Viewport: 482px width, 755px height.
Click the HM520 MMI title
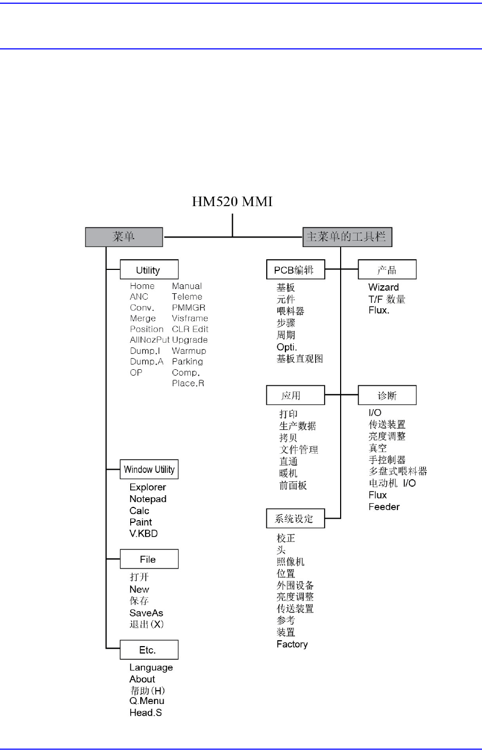point(232,202)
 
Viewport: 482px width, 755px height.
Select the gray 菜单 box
point(124,237)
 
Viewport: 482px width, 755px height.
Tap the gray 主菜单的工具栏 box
point(347,237)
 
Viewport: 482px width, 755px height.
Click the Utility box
point(149,270)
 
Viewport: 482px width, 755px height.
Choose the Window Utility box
point(149,470)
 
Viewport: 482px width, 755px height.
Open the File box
point(149,559)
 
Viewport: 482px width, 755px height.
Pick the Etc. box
point(149,650)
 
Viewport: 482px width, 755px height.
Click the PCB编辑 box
point(295,270)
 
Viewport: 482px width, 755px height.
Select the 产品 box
point(387,270)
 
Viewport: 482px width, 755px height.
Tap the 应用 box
point(295,395)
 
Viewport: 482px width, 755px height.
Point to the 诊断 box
point(387,395)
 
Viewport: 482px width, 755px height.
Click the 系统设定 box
point(295,519)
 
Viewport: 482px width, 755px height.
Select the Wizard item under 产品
point(383,287)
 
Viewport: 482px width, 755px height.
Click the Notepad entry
point(148,499)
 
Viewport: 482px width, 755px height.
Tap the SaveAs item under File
point(146,613)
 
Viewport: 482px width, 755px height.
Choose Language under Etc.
point(151,667)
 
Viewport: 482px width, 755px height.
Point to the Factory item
point(292,644)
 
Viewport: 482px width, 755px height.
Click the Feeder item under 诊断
point(384,507)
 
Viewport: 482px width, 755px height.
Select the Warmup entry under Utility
point(189,351)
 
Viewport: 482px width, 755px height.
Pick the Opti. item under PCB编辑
point(286,347)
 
